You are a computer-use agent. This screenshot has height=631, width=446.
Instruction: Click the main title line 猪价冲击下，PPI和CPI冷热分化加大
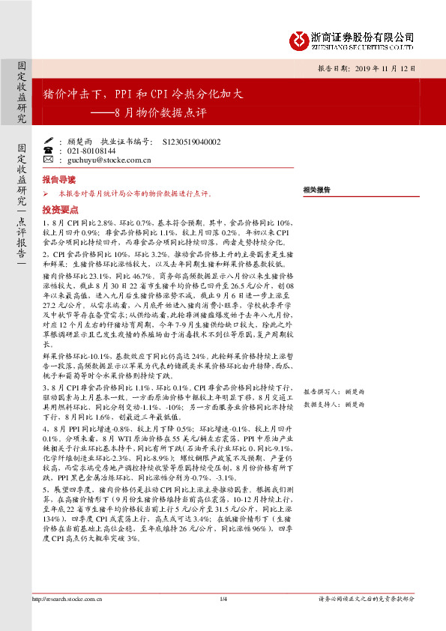(144, 95)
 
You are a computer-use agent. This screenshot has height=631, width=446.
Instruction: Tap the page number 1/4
(223, 619)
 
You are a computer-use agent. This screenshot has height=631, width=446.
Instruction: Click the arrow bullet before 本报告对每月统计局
(46, 193)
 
